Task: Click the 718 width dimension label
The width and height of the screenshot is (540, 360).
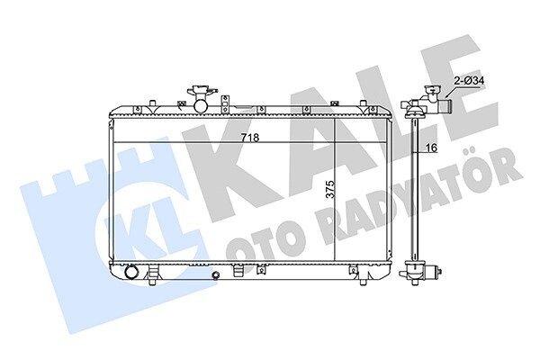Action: pos(249,138)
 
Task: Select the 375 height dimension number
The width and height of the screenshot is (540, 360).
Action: pos(330,190)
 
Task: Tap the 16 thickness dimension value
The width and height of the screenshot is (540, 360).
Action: pos(431,148)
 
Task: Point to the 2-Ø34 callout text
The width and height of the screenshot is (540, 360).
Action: pos(469,81)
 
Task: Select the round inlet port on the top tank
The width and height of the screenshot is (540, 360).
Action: pos(201,106)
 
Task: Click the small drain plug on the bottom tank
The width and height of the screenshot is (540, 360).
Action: pos(216,275)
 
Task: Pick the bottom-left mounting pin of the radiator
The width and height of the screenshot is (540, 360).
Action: pos(152,281)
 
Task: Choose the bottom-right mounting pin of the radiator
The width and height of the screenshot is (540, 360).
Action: pos(363,281)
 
